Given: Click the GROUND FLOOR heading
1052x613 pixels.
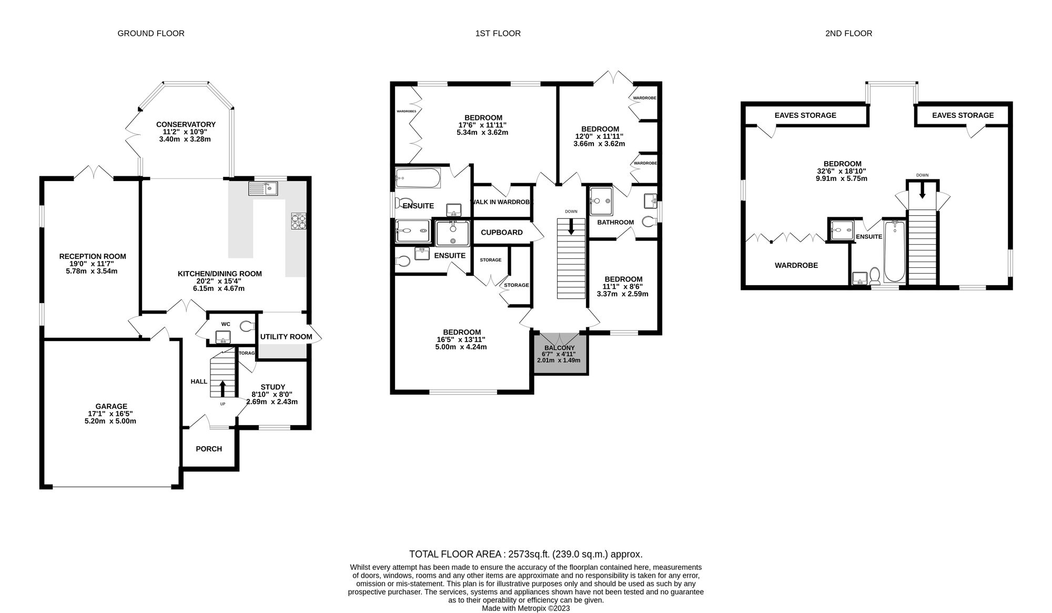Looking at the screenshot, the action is pyautogui.click(x=151, y=34).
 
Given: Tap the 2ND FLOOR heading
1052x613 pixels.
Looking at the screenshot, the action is pyautogui.click(x=848, y=34).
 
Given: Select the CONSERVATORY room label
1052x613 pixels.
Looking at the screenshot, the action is pyautogui.click(x=186, y=125).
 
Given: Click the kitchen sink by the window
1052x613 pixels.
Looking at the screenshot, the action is pyautogui.click(x=264, y=188).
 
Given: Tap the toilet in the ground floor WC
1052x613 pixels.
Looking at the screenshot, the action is pyautogui.click(x=246, y=327).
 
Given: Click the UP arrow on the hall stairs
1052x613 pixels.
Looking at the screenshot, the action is pyautogui.click(x=222, y=388).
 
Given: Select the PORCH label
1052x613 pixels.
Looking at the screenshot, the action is pyautogui.click(x=209, y=449).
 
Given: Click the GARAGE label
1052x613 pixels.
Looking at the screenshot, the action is pyautogui.click(x=111, y=406).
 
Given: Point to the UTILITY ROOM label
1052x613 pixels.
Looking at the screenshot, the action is pyautogui.click(x=286, y=337).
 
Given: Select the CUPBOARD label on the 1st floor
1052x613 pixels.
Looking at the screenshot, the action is pyautogui.click(x=502, y=233).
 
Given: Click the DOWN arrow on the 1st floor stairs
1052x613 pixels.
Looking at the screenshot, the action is pyautogui.click(x=571, y=227).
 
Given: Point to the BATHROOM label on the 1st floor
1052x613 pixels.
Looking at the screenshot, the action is pyautogui.click(x=615, y=222).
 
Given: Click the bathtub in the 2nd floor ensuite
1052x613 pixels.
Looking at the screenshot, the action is pyautogui.click(x=894, y=252).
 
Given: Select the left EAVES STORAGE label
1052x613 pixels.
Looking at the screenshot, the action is pyautogui.click(x=805, y=115).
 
